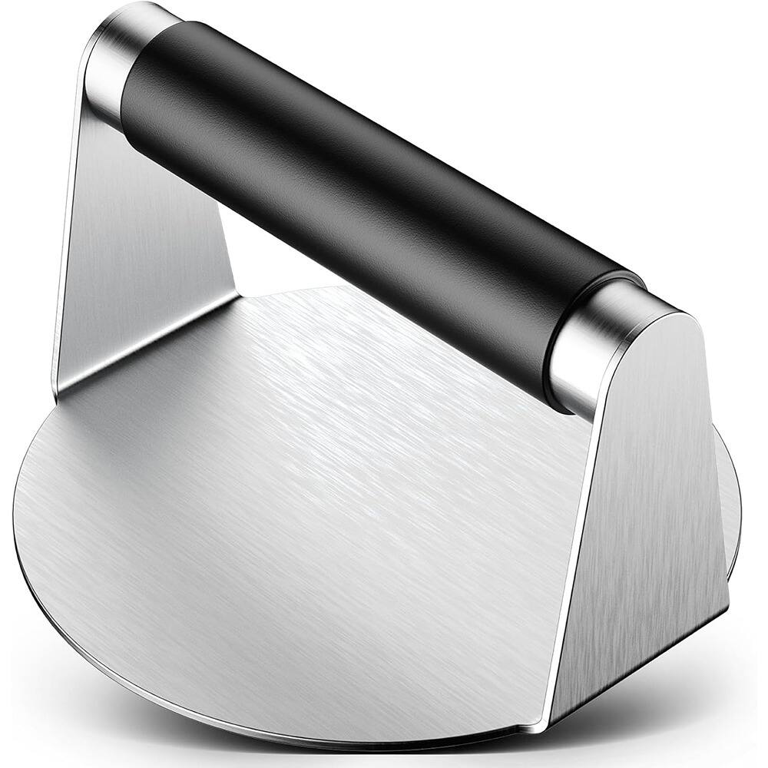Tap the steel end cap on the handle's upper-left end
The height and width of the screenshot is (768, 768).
[x=115, y=61]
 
